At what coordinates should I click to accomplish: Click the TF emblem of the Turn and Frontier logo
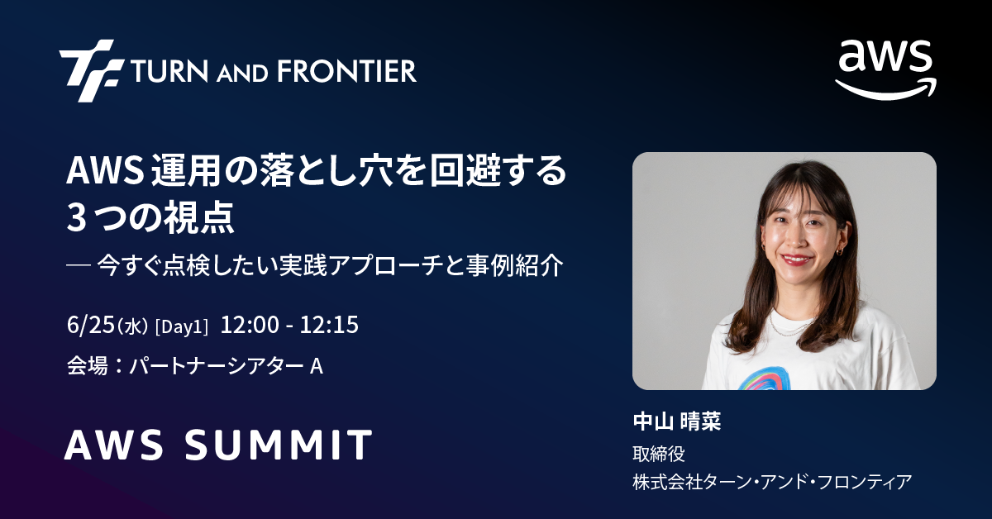click(91, 71)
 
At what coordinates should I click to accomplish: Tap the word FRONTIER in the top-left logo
click(346, 71)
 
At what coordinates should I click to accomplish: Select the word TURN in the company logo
click(169, 71)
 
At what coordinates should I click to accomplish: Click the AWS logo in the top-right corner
click(885, 70)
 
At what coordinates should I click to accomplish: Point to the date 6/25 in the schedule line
click(91, 325)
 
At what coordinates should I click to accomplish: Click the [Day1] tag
click(182, 326)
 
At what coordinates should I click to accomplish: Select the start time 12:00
click(250, 325)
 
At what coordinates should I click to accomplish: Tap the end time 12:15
click(329, 325)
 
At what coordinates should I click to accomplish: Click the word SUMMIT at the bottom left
click(278, 445)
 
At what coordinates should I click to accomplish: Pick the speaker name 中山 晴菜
click(677, 421)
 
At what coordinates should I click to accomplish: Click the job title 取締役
click(659, 454)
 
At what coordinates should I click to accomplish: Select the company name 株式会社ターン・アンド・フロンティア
click(772, 482)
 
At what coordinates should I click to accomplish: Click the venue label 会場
click(88, 366)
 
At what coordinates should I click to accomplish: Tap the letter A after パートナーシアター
click(316, 366)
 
